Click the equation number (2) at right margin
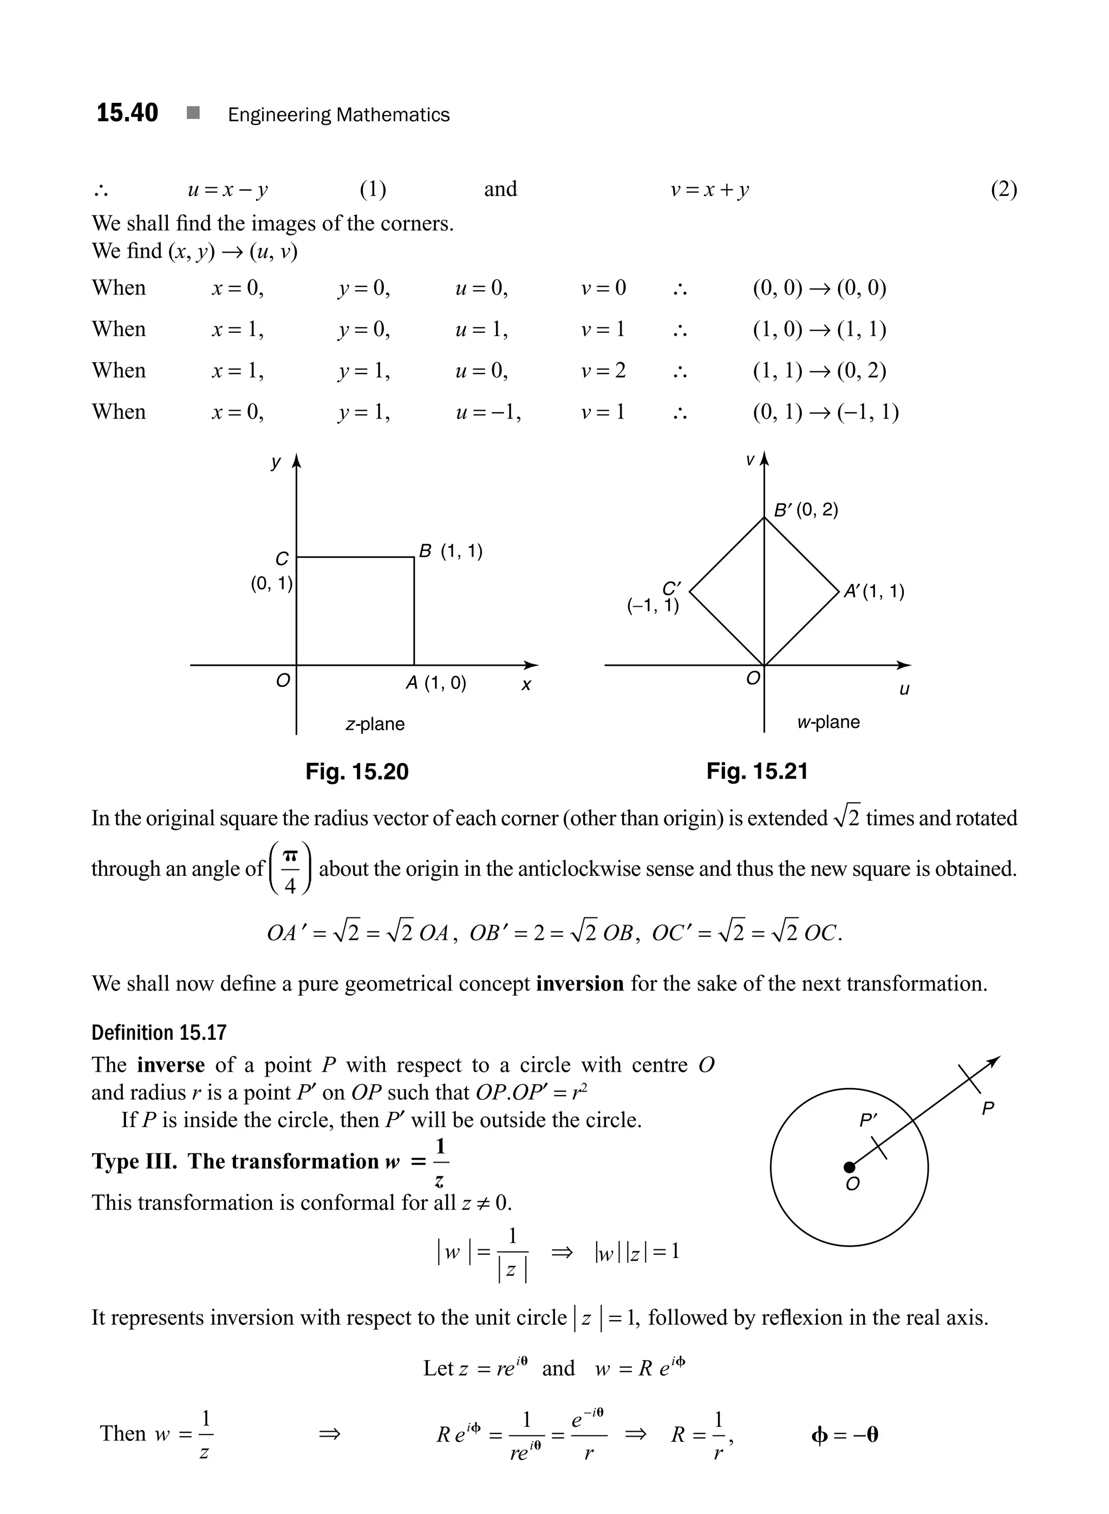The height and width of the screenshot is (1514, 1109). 1003,190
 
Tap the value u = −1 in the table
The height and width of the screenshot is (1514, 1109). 488,411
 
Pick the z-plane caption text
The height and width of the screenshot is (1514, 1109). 375,724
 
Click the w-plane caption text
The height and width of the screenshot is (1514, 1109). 828,722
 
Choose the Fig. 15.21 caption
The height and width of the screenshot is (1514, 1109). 756,771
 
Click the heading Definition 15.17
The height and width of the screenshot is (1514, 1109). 159,1032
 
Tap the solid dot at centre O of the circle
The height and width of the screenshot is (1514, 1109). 849,1167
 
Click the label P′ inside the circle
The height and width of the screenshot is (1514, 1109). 868,1120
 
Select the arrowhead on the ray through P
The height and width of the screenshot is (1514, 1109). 994,1061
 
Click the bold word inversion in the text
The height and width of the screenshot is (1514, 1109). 580,984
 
